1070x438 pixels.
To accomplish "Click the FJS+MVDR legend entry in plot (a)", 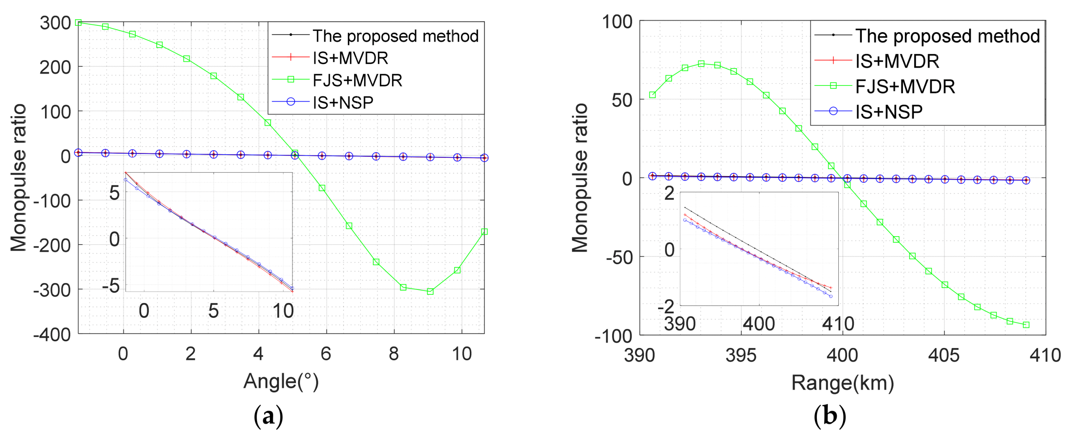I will point(357,80).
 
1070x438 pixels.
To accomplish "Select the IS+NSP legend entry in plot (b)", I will point(889,112).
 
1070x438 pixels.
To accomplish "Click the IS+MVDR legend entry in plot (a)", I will point(350,58).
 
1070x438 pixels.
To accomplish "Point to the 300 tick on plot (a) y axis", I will point(55,23).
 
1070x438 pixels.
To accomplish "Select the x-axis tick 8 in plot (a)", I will point(393,354).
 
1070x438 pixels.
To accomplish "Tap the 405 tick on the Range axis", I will point(944,355).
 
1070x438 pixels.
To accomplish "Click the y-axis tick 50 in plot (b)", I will point(621,100).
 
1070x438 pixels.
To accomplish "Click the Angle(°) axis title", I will point(281,381).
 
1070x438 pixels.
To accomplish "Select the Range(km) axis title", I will point(842,382).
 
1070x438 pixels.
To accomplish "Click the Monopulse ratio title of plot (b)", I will point(580,178).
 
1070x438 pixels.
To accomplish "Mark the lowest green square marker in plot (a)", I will point(430,291).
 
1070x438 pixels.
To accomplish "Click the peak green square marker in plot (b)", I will point(701,63).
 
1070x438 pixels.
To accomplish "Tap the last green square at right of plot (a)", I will point(484,232).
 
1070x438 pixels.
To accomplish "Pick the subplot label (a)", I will point(268,416).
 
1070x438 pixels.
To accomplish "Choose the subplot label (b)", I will point(830,416).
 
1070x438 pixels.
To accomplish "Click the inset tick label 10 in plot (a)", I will point(283,311).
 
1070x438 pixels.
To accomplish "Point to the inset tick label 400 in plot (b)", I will point(759,324).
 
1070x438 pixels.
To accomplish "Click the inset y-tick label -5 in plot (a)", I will point(111,286).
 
